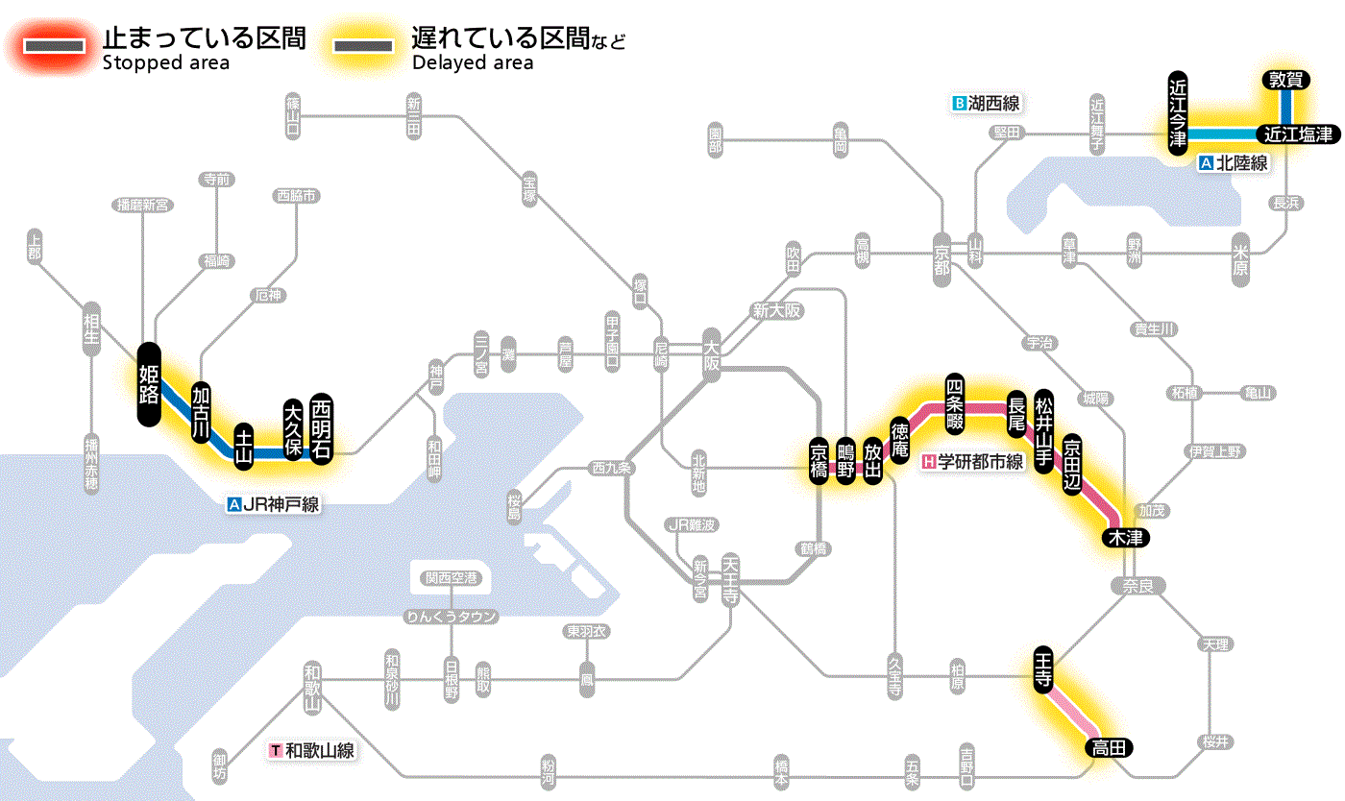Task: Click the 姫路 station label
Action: (x=149, y=384)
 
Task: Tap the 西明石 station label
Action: (x=321, y=426)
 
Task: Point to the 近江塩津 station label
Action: (x=1298, y=134)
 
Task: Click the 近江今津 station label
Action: (x=1178, y=111)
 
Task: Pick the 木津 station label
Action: (x=1125, y=537)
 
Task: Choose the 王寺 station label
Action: (x=1044, y=667)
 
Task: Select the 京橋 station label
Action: (x=819, y=462)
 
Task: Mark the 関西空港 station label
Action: (x=452, y=578)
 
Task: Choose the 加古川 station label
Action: (x=201, y=412)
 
